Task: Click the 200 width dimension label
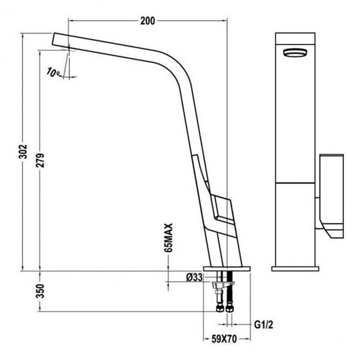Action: (x=147, y=21)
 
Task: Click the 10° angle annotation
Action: (x=54, y=73)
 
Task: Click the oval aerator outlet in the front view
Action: (x=296, y=52)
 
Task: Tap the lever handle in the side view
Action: (x=221, y=211)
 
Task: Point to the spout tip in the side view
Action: (x=60, y=41)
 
